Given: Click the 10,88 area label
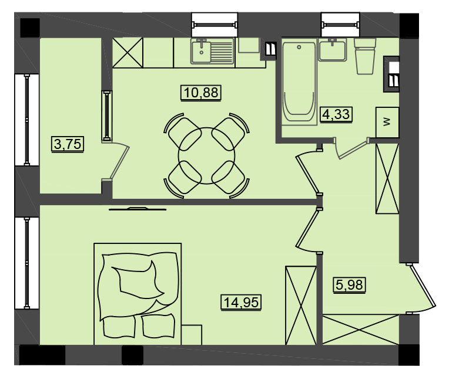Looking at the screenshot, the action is (x=201, y=93).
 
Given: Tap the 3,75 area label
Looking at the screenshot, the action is (x=68, y=144).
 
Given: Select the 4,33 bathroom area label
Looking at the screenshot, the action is (x=336, y=114).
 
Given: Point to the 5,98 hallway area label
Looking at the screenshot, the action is (x=349, y=284).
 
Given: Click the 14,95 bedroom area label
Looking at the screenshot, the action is (x=241, y=302).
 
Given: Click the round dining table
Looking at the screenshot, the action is (x=206, y=155).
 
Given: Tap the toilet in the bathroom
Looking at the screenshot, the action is (x=365, y=56).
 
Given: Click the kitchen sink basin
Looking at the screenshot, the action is (x=202, y=52).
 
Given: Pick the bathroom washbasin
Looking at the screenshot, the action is (x=332, y=50).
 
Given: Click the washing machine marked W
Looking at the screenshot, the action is (x=387, y=122).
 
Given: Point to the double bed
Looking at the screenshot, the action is (x=138, y=294).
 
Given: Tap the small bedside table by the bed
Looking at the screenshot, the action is (x=192, y=335).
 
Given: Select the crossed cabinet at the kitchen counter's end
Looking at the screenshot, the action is (x=128, y=53).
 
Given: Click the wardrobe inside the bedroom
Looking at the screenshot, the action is (x=301, y=305).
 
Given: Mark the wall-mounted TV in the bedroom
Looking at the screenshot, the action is (x=138, y=209).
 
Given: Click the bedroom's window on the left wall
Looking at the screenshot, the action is (x=26, y=263).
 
